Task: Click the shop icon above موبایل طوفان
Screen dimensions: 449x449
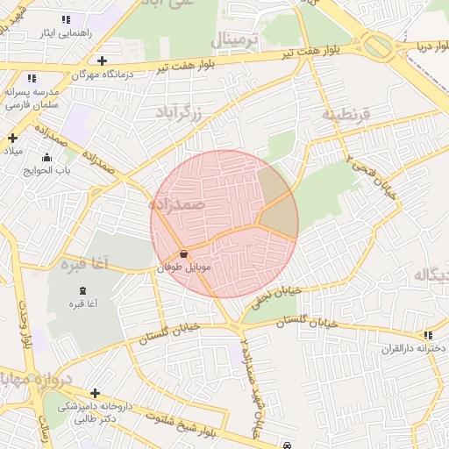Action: tap(182, 253)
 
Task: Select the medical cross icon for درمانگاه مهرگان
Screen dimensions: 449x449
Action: tap(103, 61)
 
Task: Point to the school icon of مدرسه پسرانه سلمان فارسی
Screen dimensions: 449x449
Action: tap(32, 78)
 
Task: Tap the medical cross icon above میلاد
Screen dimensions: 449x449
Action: tap(12, 138)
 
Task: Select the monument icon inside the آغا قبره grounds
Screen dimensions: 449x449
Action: tap(83, 290)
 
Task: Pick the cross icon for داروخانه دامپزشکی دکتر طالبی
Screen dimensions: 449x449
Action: tap(95, 393)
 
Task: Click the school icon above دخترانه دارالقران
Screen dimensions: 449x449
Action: tap(428, 335)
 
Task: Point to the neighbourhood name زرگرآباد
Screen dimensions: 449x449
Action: tap(179, 112)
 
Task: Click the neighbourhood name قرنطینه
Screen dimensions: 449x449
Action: tap(346, 114)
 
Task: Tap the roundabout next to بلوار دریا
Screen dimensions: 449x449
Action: tap(380, 46)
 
